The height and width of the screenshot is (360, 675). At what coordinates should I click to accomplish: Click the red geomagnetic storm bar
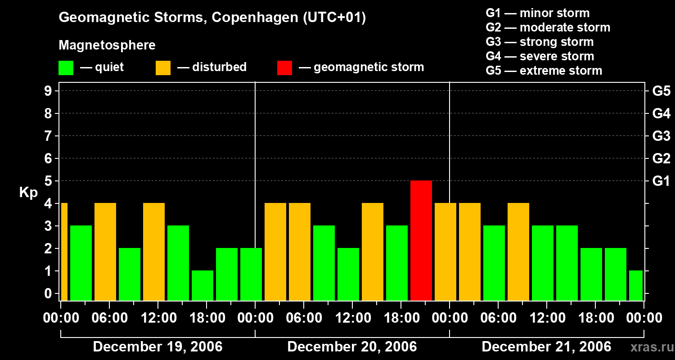421,240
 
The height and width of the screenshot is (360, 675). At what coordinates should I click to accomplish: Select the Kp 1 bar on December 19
202,285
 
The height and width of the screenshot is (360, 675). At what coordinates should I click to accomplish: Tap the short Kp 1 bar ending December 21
636,285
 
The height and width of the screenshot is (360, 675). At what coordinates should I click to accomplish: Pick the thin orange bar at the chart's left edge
64,252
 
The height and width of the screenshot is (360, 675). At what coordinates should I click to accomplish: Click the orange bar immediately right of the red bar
445,252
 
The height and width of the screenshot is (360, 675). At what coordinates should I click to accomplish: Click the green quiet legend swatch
66,67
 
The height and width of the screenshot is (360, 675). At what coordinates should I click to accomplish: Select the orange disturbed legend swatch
163,67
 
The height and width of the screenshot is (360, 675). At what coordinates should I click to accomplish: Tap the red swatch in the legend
284,67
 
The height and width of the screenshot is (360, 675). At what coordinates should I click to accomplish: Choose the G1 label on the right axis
661,181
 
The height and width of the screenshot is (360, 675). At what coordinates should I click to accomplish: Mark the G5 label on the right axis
661,91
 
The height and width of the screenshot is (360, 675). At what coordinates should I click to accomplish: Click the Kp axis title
28,192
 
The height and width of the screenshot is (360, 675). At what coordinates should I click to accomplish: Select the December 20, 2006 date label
352,346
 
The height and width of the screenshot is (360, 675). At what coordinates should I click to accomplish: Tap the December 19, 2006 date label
157,346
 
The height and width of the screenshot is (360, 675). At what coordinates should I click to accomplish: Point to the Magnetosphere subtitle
107,45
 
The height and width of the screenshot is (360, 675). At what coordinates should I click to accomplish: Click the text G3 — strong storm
540,42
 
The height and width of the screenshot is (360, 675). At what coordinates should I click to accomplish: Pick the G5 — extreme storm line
544,71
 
